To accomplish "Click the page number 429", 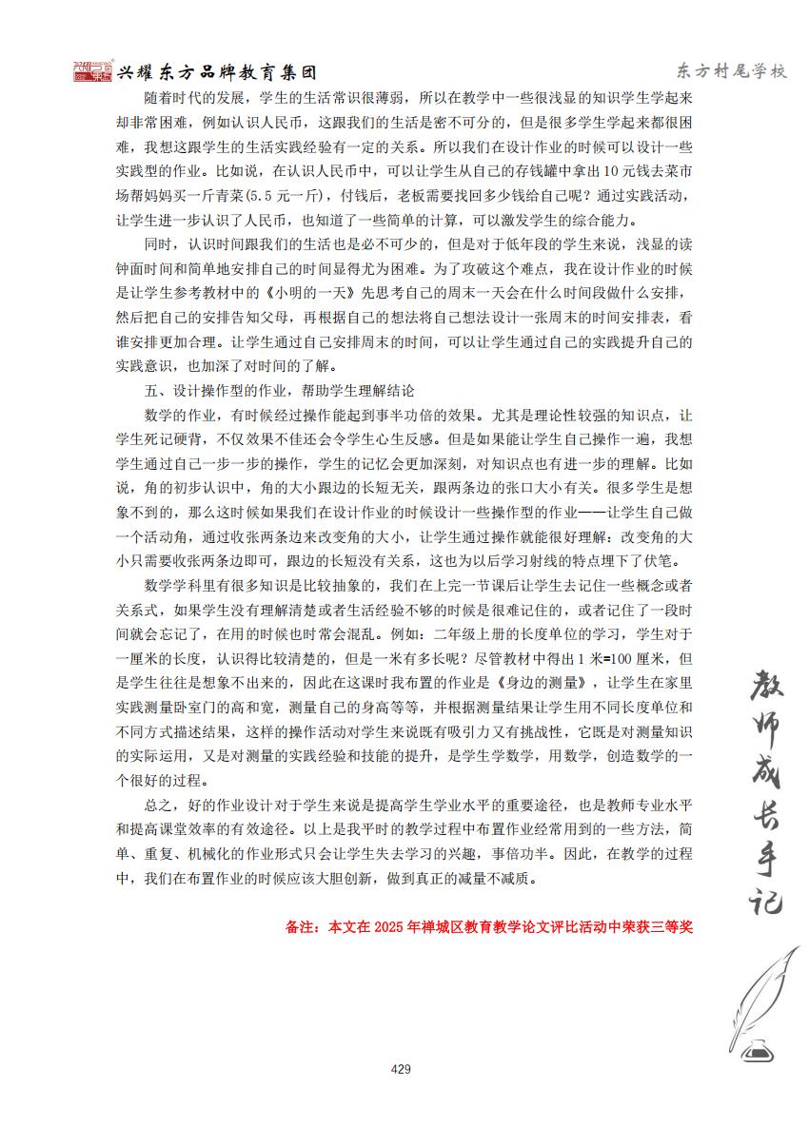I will (401, 1069).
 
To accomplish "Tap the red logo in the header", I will (93, 71).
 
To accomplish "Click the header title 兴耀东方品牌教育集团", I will (215, 72).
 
